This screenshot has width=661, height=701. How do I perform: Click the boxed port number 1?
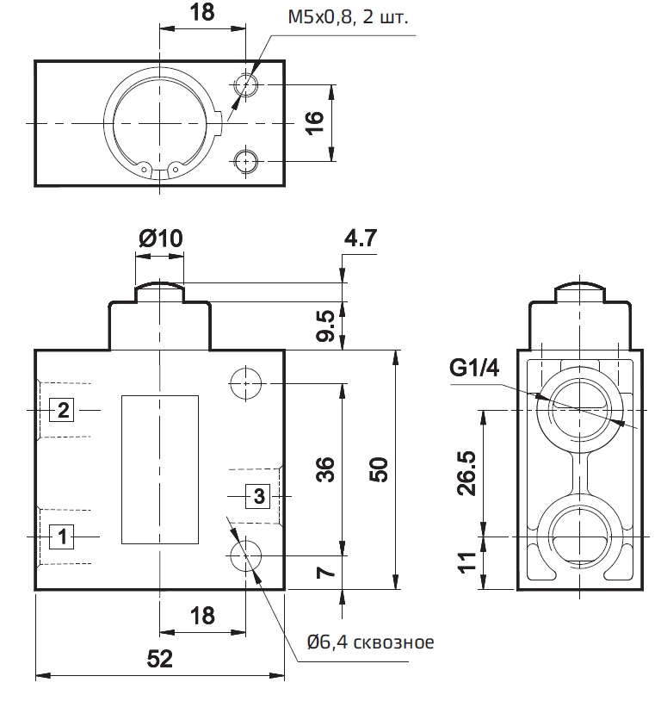[x=62, y=536]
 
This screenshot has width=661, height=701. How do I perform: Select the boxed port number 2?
[x=62, y=410]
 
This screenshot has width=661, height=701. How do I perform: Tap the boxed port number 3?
[x=261, y=495]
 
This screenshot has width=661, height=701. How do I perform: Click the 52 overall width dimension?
[x=159, y=659]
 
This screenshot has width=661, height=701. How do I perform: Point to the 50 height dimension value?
[x=380, y=469]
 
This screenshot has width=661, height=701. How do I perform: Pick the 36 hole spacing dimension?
[x=324, y=469]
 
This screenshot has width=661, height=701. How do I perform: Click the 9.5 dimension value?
[x=324, y=326]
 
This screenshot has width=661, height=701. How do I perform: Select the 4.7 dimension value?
[x=361, y=239]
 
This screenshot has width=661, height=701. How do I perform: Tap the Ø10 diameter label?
[x=159, y=239]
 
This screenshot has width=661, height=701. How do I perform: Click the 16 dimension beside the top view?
[x=314, y=123]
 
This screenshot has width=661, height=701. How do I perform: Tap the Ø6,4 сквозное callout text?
[x=370, y=642]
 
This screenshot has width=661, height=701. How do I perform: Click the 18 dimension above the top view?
[x=201, y=12]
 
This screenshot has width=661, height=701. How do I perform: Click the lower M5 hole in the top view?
[x=246, y=159]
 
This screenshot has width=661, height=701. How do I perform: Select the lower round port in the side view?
[x=578, y=536]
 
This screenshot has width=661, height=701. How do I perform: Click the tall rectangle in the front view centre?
[x=159, y=469]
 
